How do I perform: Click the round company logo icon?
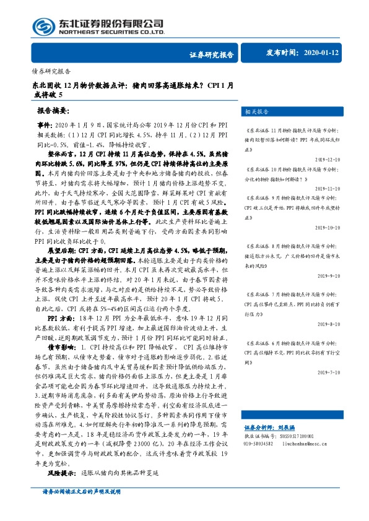(x=43, y=26)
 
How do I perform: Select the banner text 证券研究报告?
(x=212, y=54)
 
